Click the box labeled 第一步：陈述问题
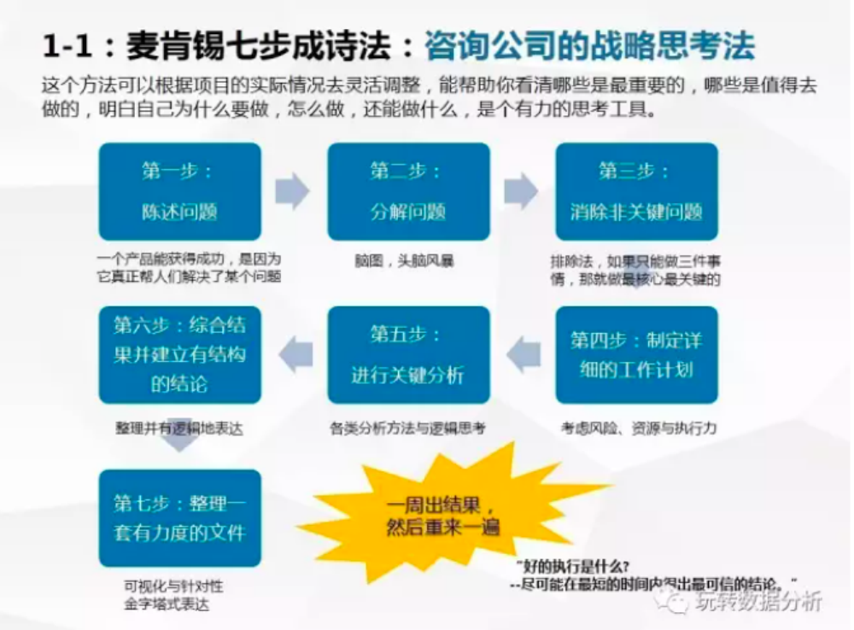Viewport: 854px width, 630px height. click(179, 191)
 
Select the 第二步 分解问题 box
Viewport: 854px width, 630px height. click(408, 191)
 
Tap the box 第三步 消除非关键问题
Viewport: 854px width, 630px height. click(636, 191)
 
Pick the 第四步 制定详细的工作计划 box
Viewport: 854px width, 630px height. click(636, 354)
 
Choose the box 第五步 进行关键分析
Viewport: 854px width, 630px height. click(408, 354)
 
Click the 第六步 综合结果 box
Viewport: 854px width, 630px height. click(179, 354)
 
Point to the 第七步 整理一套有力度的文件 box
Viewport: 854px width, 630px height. click(179, 517)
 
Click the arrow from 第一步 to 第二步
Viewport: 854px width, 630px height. click(292, 190)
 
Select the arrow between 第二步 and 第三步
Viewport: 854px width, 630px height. click(521, 190)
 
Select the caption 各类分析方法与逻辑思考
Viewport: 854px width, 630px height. click(407, 428)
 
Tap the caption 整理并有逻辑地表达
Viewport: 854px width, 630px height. click(178, 428)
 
